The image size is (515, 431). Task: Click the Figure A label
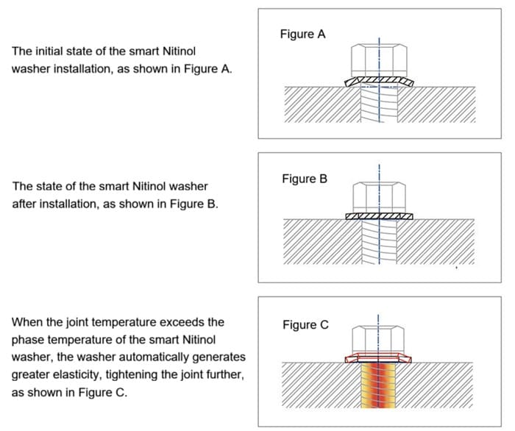[302, 34]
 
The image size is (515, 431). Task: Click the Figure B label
[302, 179]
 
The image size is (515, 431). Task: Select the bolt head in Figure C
[379, 341]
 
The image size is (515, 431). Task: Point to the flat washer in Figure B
[379, 216]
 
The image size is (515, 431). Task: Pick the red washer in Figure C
[379, 358]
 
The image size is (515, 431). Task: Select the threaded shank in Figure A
[379, 107]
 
